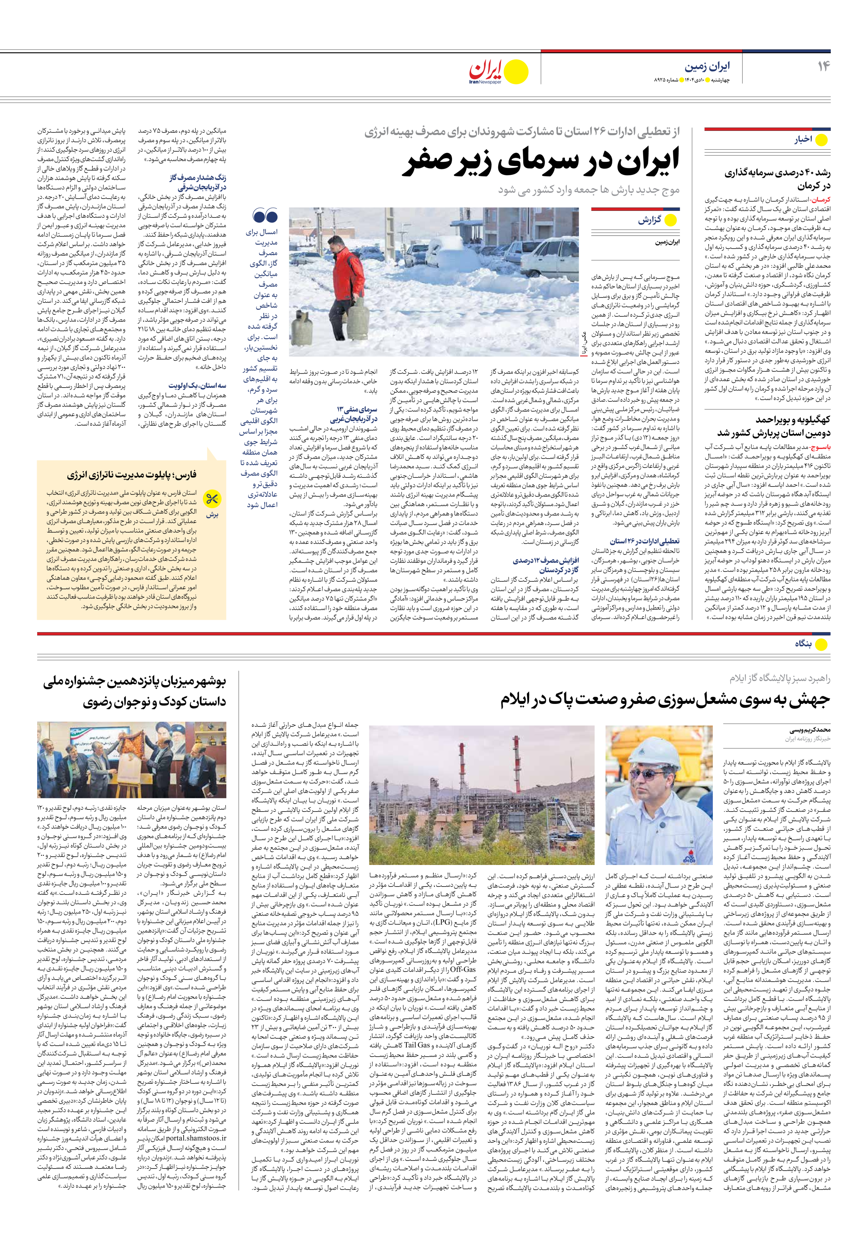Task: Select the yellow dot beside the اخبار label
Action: [821, 140]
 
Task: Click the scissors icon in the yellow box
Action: [212, 499]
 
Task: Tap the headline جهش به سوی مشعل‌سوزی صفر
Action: [665, 700]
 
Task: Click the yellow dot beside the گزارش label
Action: [670, 220]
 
